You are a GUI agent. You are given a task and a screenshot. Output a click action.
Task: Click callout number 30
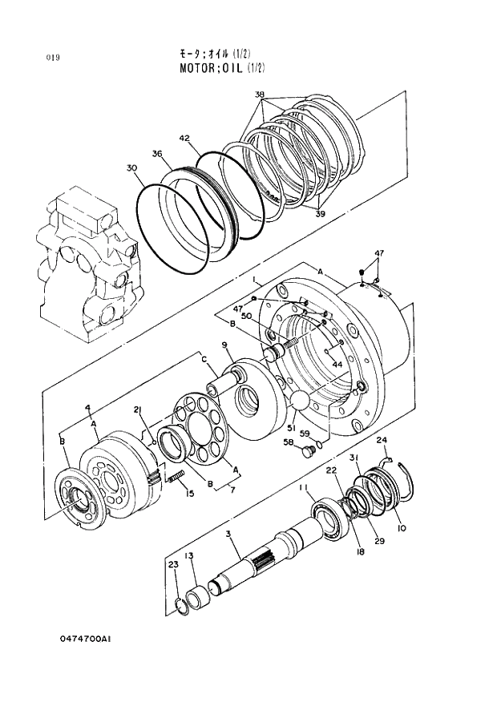point(131,167)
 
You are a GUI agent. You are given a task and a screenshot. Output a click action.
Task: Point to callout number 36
point(157,154)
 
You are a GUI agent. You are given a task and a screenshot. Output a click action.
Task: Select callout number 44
point(336,364)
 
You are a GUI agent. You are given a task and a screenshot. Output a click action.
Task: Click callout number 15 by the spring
point(190,494)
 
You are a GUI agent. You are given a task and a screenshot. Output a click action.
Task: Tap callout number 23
point(172,565)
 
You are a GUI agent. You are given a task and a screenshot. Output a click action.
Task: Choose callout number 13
point(189,555)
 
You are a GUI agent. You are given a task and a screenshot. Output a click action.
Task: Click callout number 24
point(382,440)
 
